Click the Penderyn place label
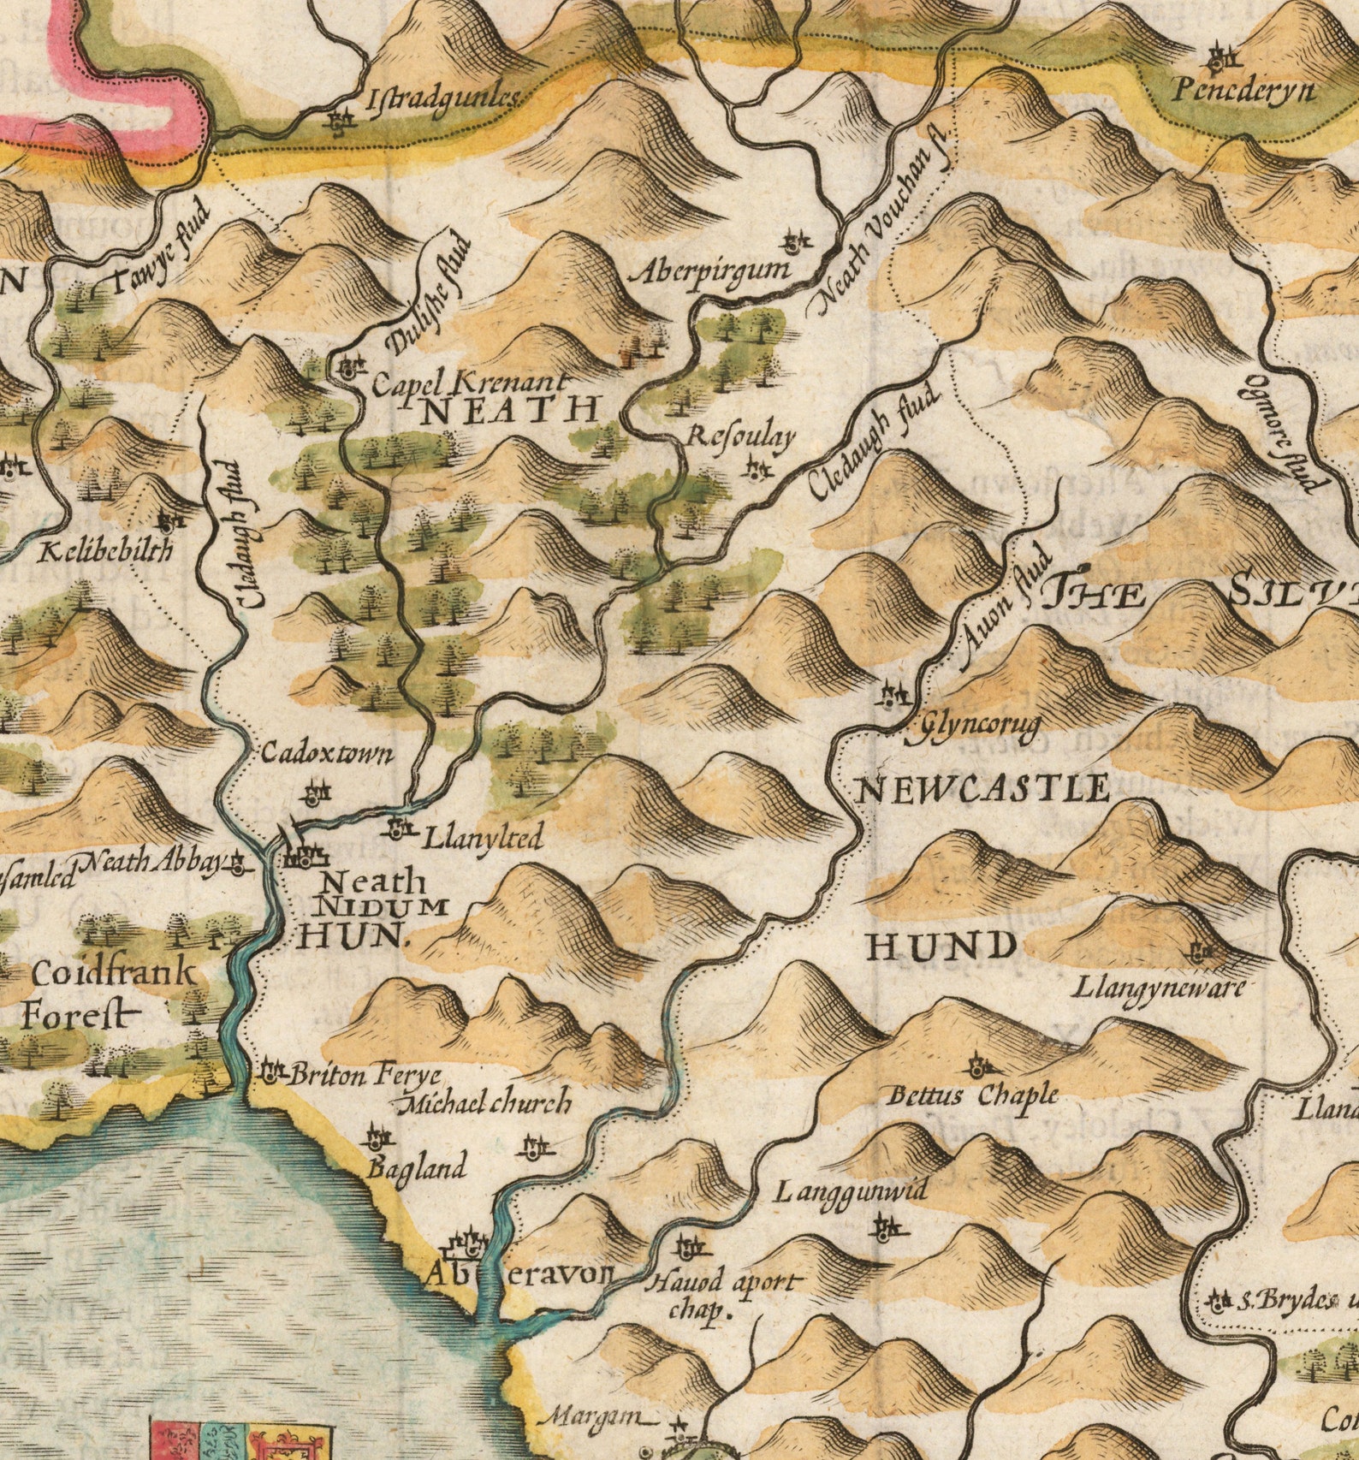click(1243, 89)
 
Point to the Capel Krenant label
click(468, 383)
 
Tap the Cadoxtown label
click(327, 754)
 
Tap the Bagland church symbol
click(377, 1138)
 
